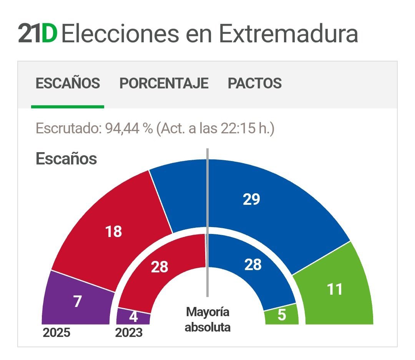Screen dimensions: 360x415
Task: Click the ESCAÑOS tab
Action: tap(68, 83)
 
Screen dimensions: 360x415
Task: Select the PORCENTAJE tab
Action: tap(164, 83)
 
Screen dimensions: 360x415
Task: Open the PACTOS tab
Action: tap(254, 83)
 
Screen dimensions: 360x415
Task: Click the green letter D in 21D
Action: tap(49, 34)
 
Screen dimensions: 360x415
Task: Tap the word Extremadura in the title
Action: tap(288, 34)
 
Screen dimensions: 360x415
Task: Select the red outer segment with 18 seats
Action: tap(114, 232)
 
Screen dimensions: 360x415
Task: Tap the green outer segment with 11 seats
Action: tap(334, 289)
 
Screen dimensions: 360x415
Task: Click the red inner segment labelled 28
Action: tap(159, 267)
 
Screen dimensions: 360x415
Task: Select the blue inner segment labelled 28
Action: tap(253, 265)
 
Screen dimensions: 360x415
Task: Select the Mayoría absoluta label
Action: tap(207, 320)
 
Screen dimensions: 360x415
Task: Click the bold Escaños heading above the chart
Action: tap(66, 159)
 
